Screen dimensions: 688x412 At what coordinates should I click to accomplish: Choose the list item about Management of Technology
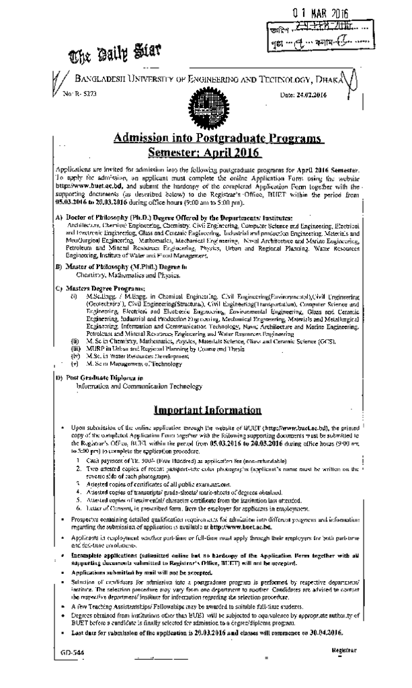click(x=134, y=363)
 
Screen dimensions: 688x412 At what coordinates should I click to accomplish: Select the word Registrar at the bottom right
click(x=343, y=650)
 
